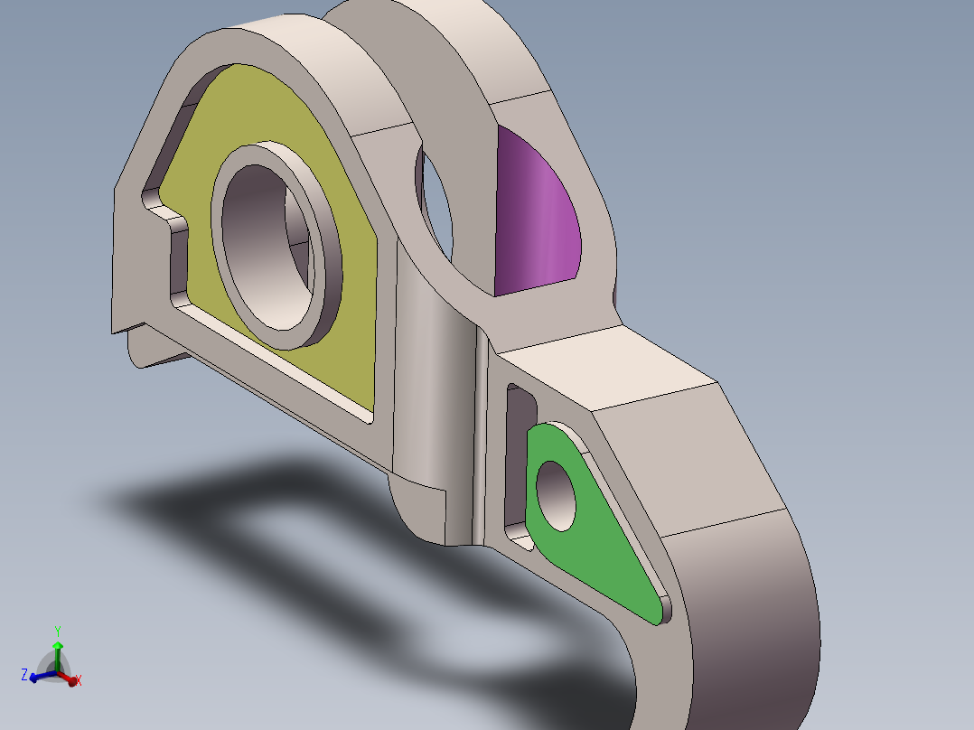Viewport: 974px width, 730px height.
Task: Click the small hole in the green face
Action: pos(556,496)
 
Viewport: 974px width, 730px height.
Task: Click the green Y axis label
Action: pos(58,632)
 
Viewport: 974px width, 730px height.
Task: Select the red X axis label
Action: pos(79,681)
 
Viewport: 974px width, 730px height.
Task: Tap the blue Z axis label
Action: pos(24,675)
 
